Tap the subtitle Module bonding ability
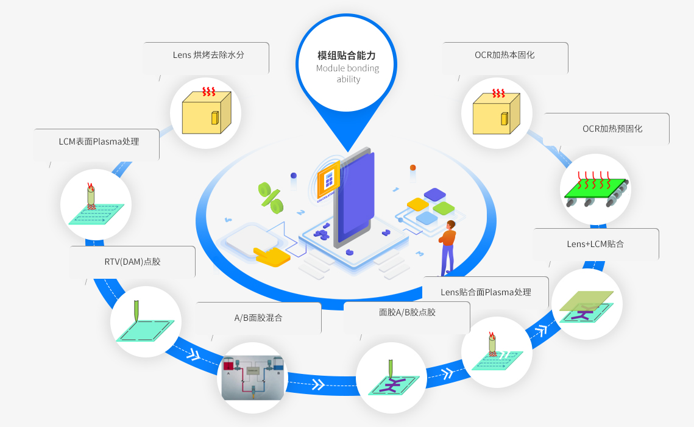pos(347,73)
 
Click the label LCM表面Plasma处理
pos(99,142)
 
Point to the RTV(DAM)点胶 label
pos(132,262)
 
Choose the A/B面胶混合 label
pos(258,318)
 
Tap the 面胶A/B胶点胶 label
pos(407,312)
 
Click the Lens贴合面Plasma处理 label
pos(486,292)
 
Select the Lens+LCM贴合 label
pos(595,244)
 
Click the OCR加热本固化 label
pos(505,55)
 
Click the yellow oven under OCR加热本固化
pos(497,113)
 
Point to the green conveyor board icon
pos(595,190)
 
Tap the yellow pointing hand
pos(272,256)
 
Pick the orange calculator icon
pos(328,181)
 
